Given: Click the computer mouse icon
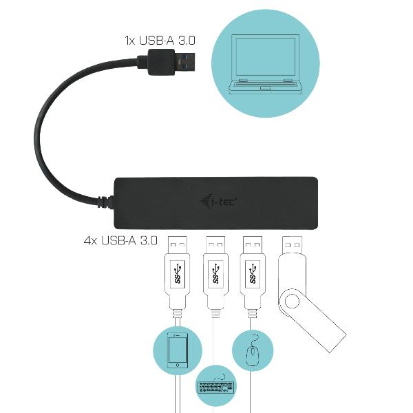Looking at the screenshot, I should [254, 351].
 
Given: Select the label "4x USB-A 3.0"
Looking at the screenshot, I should [120, 241].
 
